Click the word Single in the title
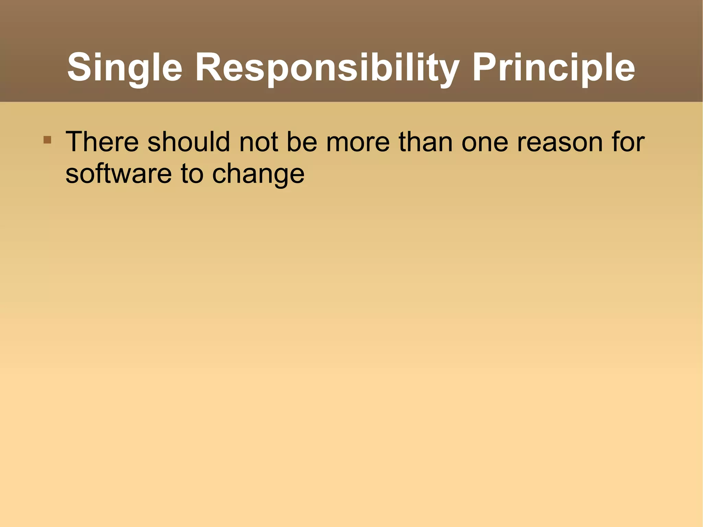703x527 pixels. [124, 68]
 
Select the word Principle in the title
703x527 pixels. [553, 68]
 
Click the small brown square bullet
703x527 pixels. [47, 140]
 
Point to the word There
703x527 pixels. [102, 141]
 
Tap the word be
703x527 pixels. [302, 141]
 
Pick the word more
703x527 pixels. [358, 141]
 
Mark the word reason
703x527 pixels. [560, 141]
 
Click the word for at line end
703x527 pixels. [628, 141]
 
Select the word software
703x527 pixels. [118, 173]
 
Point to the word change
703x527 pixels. [258, 173]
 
